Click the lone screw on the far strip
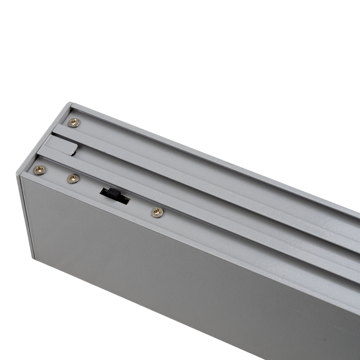[74, 123]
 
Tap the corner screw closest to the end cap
[39, 170]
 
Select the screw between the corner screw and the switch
[73, 178]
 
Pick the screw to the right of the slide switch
[157, 212]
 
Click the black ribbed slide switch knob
[114, 193]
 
